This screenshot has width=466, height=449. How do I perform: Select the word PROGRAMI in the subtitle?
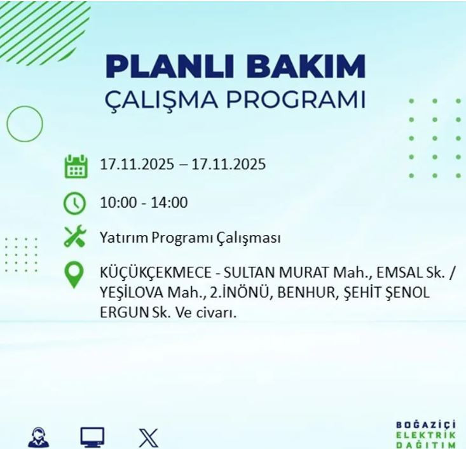[298, 101]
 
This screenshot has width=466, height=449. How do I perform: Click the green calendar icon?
[76, 166]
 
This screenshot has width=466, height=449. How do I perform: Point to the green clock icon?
[75, 203]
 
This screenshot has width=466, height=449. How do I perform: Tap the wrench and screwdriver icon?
[75, 238]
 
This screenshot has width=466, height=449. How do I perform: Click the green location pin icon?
[75, 276]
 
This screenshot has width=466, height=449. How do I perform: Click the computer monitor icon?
[92, 437]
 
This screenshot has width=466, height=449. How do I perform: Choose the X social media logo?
[148, 438]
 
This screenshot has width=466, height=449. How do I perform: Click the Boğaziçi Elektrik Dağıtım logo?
[425, 434]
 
